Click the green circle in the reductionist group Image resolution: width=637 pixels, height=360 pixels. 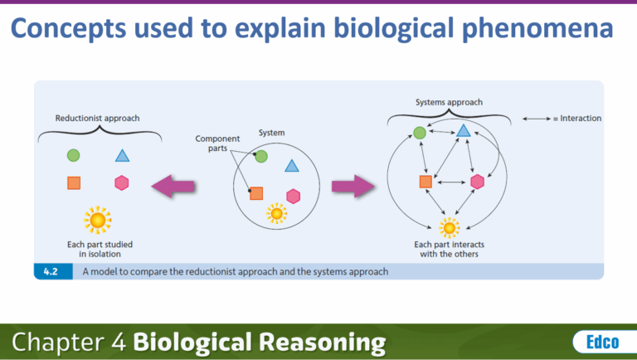73,155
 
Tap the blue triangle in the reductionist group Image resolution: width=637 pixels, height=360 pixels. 122,155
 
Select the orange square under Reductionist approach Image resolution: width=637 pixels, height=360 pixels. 73,183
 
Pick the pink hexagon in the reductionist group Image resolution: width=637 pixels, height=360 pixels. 122,183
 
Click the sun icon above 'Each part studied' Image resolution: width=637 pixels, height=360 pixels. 98,220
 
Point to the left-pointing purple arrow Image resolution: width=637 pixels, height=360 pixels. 173,186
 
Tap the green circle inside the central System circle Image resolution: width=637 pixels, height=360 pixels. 261,156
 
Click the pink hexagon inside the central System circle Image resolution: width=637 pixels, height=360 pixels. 293,195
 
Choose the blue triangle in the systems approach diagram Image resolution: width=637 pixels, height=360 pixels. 464,130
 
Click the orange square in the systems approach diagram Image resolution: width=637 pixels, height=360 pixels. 425,182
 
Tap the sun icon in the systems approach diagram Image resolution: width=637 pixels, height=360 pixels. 450,226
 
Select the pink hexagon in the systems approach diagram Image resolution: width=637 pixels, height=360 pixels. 477,182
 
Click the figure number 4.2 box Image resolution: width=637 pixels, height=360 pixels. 51,271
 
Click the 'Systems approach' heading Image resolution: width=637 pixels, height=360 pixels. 449,102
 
